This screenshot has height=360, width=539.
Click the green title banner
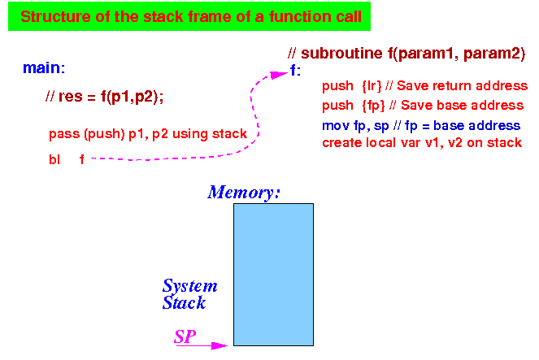pos(189,16)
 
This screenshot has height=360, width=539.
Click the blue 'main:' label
pos(44,68)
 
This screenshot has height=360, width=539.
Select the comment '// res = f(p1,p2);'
pos(104,97)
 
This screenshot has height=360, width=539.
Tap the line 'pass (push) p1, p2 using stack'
pos(148,133)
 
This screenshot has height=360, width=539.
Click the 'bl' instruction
pos(54,159)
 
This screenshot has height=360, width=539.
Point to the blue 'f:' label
pos(295,71)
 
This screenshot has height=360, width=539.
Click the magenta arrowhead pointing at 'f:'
pos(278,75)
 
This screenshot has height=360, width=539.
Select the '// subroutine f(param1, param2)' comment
pos(406,54)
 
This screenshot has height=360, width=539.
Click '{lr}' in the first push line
pos(372,86)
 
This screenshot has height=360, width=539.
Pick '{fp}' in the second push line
pos(373,106)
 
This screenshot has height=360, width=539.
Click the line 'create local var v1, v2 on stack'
pos(422,142)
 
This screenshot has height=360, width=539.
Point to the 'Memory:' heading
pos(244,193)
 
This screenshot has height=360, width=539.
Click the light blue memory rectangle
pos(274,275)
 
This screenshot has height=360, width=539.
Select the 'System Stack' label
pos(189,294)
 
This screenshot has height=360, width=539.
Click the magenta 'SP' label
pos(185,336)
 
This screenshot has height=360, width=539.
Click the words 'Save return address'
pos(462,85)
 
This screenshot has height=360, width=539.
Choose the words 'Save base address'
pos(462,105)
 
